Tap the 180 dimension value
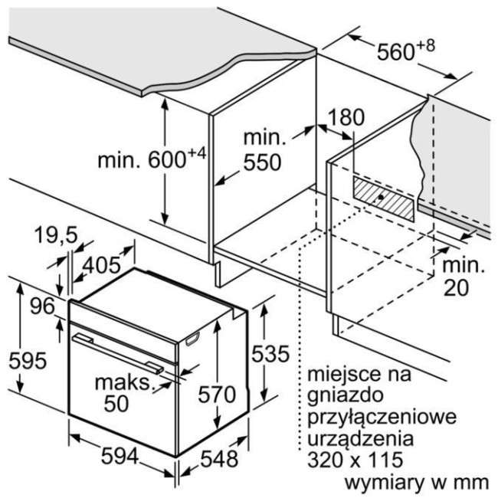(x=346, y=117)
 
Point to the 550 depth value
(x=262, y=162)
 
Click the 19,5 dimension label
(x=56, y=235)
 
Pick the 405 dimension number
(x=102, y=264)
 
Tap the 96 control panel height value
(x=42, y=306)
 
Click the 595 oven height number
(x=28, y=361)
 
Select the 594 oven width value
(x=120, y=457)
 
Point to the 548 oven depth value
(x=219, y=459)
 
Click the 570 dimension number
(x=217, y=395)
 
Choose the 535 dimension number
(x=270, y=353)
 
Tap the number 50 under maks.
(x=116, y=404)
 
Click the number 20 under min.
(x=456, y=288)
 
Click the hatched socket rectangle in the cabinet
(x=384, y=199)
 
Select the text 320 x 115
(x=355, y=459)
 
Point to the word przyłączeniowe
(x=382, y=417)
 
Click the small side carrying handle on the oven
(x=192, y=339)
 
